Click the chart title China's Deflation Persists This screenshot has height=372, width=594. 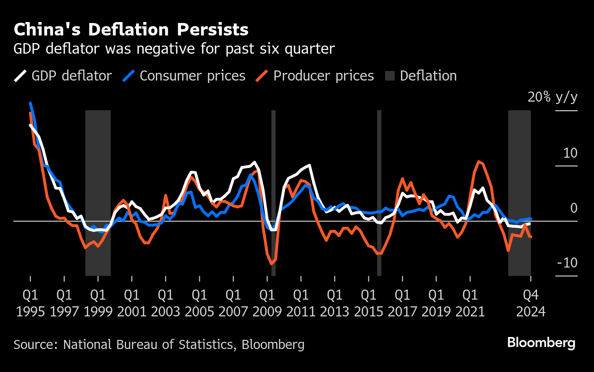pos(131,30)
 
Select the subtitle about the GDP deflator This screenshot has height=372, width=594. pos(174,49)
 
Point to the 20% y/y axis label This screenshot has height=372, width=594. pos(552,97)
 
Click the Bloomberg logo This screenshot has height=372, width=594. pos(541,343)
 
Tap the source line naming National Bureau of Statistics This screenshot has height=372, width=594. pos(159,344)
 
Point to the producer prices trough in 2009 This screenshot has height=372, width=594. pos(271,264)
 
